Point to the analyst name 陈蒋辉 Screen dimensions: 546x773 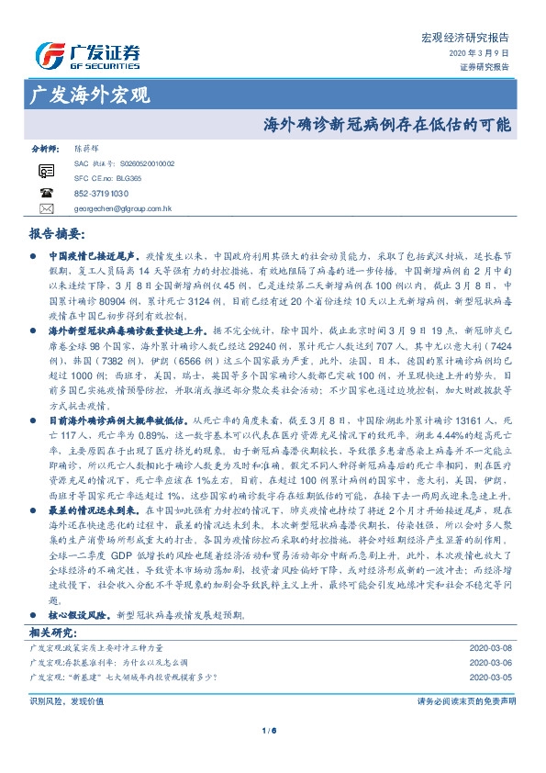tap(89, 147)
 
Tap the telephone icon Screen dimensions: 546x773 tap(46, 193)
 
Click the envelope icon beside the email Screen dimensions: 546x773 tap(46, 208)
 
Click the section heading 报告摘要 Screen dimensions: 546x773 tap(57, 233)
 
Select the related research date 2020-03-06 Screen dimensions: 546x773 tap(492, 662)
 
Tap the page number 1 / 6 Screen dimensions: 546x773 tap(272, 731)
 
